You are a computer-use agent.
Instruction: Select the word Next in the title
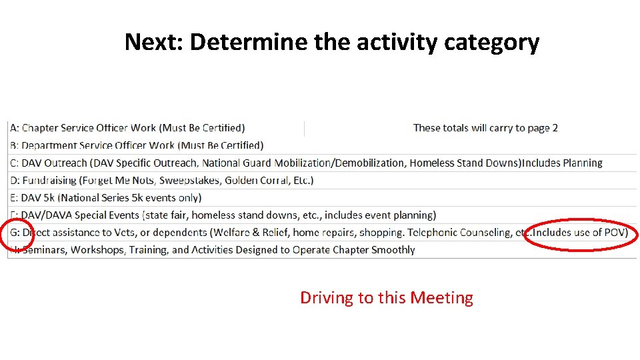155,43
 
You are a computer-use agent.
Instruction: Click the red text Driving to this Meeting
387,297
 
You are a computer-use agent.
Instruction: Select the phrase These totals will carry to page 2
485,128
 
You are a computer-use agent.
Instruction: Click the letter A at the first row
13,128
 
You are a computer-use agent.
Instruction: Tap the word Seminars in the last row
45,250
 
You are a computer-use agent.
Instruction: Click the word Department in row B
49,145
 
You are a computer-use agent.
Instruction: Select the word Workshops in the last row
98,250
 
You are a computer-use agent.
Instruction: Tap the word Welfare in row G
230,233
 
